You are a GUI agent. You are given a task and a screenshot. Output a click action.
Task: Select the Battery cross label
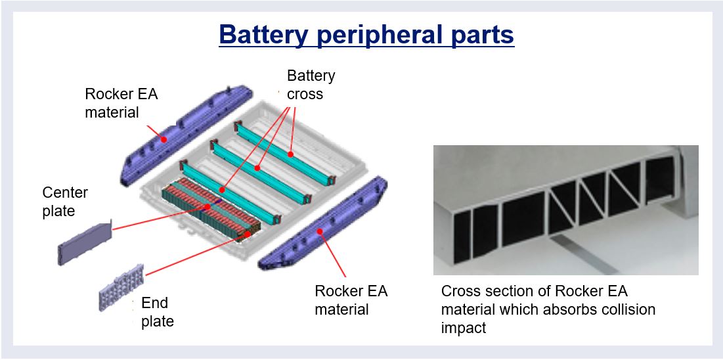pyautogui.click(x=311, y=85)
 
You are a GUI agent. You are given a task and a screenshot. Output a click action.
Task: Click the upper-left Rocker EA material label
pyautogui.click(x=121, y=103)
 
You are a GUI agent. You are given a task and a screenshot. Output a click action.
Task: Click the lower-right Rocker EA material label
pyautogui.click(x=351, y=300)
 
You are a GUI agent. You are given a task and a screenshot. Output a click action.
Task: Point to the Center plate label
pyautogui.click(x=64, y=202)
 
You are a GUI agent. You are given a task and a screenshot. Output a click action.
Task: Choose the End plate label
pyautogui.click(x=157, y=312)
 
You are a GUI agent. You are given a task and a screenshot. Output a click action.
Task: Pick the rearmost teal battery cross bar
pyautogui.click(x=285, y=148)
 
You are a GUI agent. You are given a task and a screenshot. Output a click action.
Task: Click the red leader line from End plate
pyautogui.click(x=190, y=256)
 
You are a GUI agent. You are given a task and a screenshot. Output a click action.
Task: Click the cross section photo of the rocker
pyautogui.click(x=565, y=210)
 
